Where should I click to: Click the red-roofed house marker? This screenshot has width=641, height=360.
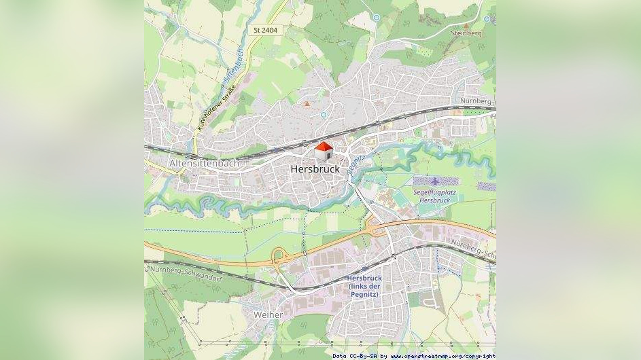point(324,151)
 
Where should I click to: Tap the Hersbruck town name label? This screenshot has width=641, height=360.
point(315,169)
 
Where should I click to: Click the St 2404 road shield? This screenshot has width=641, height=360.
point(265,30)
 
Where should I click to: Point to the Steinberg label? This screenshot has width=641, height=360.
point(466,33)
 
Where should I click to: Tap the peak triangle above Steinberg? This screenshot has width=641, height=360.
point(466,25)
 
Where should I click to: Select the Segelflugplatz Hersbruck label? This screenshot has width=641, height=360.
point(434,196)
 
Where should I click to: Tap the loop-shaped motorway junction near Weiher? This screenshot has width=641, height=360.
point(278,257)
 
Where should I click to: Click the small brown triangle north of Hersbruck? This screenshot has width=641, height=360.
point(307,104)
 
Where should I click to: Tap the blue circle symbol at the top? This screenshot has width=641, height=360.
point(376,18)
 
